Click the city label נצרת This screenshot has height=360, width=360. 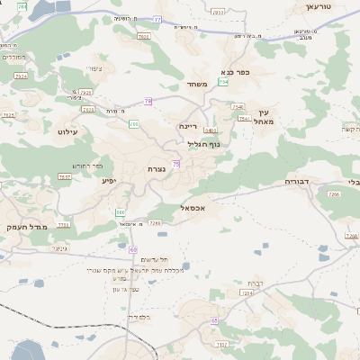pos(156,168)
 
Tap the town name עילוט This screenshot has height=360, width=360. pos(68,131)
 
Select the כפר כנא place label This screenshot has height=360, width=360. pos(234,72)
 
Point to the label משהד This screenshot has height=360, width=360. pos(198,85)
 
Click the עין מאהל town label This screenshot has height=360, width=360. pos(263,116)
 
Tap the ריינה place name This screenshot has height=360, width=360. pos(188,127)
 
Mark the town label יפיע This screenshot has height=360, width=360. pos(109,181)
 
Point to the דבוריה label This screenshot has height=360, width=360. pos(297,181)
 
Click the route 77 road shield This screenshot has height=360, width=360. pos(158,19)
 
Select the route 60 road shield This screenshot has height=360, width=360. pos(133,248)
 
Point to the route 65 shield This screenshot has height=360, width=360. pos(214,320)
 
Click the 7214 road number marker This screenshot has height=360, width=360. pos(248,292)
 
